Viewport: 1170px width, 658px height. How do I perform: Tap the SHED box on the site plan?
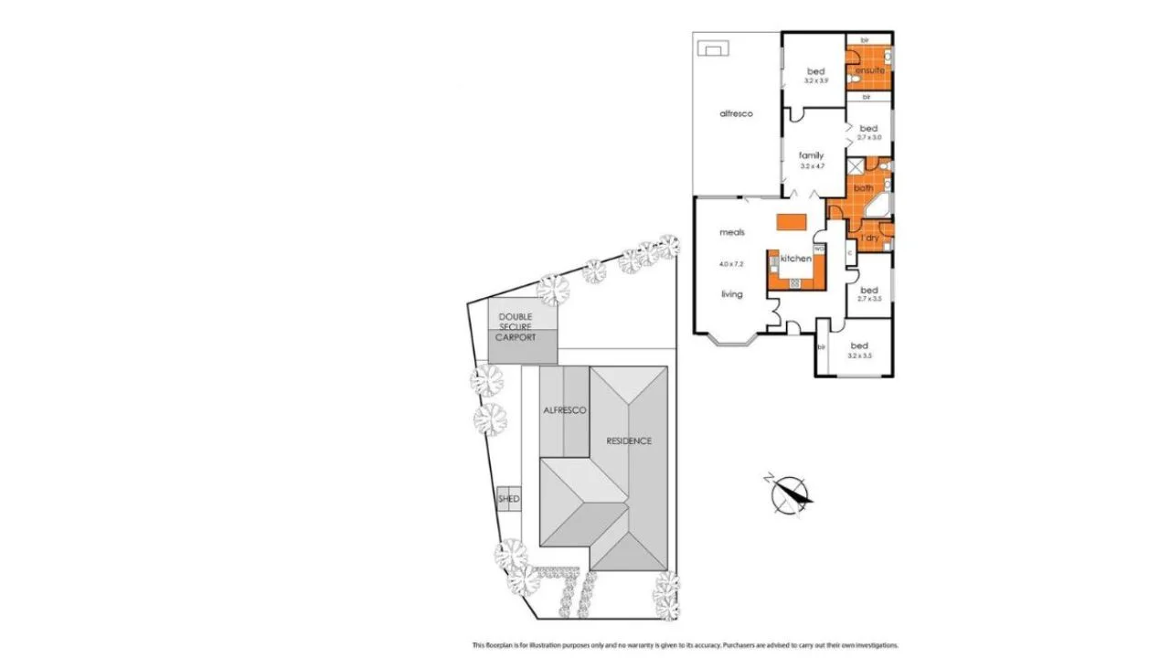509,499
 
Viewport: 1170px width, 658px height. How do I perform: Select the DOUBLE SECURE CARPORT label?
516,327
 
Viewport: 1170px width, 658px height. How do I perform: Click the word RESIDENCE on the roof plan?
629,441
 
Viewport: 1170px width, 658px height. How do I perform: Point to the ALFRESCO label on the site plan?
564,411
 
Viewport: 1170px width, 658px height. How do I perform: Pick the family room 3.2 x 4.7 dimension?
812,167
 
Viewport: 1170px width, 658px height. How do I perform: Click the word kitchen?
795,259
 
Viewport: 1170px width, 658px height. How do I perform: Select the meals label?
732,233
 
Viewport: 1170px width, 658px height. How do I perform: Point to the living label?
731,294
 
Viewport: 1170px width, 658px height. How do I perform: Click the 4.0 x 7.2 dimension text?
731,264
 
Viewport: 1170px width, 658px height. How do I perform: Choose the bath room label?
864,188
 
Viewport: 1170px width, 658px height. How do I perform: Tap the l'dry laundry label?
868,239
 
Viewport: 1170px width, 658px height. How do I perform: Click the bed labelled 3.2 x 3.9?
815,71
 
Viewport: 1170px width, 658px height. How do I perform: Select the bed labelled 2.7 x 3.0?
868,128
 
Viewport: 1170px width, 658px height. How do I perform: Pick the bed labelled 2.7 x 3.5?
868,291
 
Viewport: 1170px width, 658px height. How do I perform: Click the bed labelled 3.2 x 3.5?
859,345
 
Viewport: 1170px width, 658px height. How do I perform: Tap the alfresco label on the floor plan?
736,113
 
